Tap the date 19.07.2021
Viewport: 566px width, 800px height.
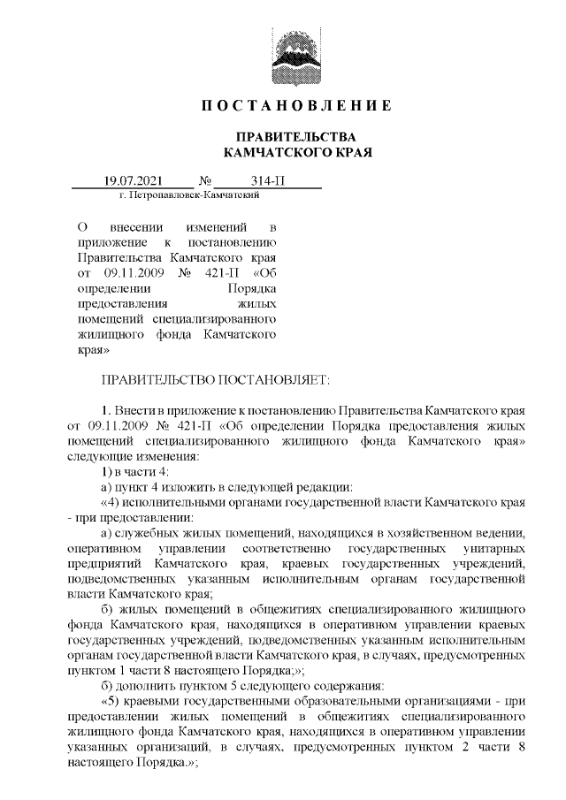(134, 180)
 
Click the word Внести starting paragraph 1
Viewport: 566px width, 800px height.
(139, 411)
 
